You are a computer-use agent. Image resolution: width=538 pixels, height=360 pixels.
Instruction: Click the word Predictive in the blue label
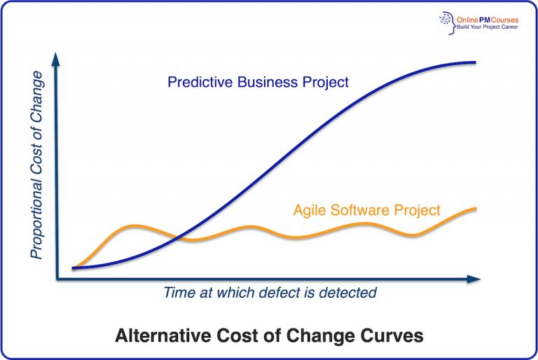(x=198, y=83)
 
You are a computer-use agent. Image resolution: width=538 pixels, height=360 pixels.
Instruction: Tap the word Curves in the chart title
(x=396, y=335)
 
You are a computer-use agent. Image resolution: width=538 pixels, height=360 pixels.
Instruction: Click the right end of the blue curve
(x=476, y=62)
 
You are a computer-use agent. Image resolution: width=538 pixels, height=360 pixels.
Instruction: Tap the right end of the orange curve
(x=476, y=208)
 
